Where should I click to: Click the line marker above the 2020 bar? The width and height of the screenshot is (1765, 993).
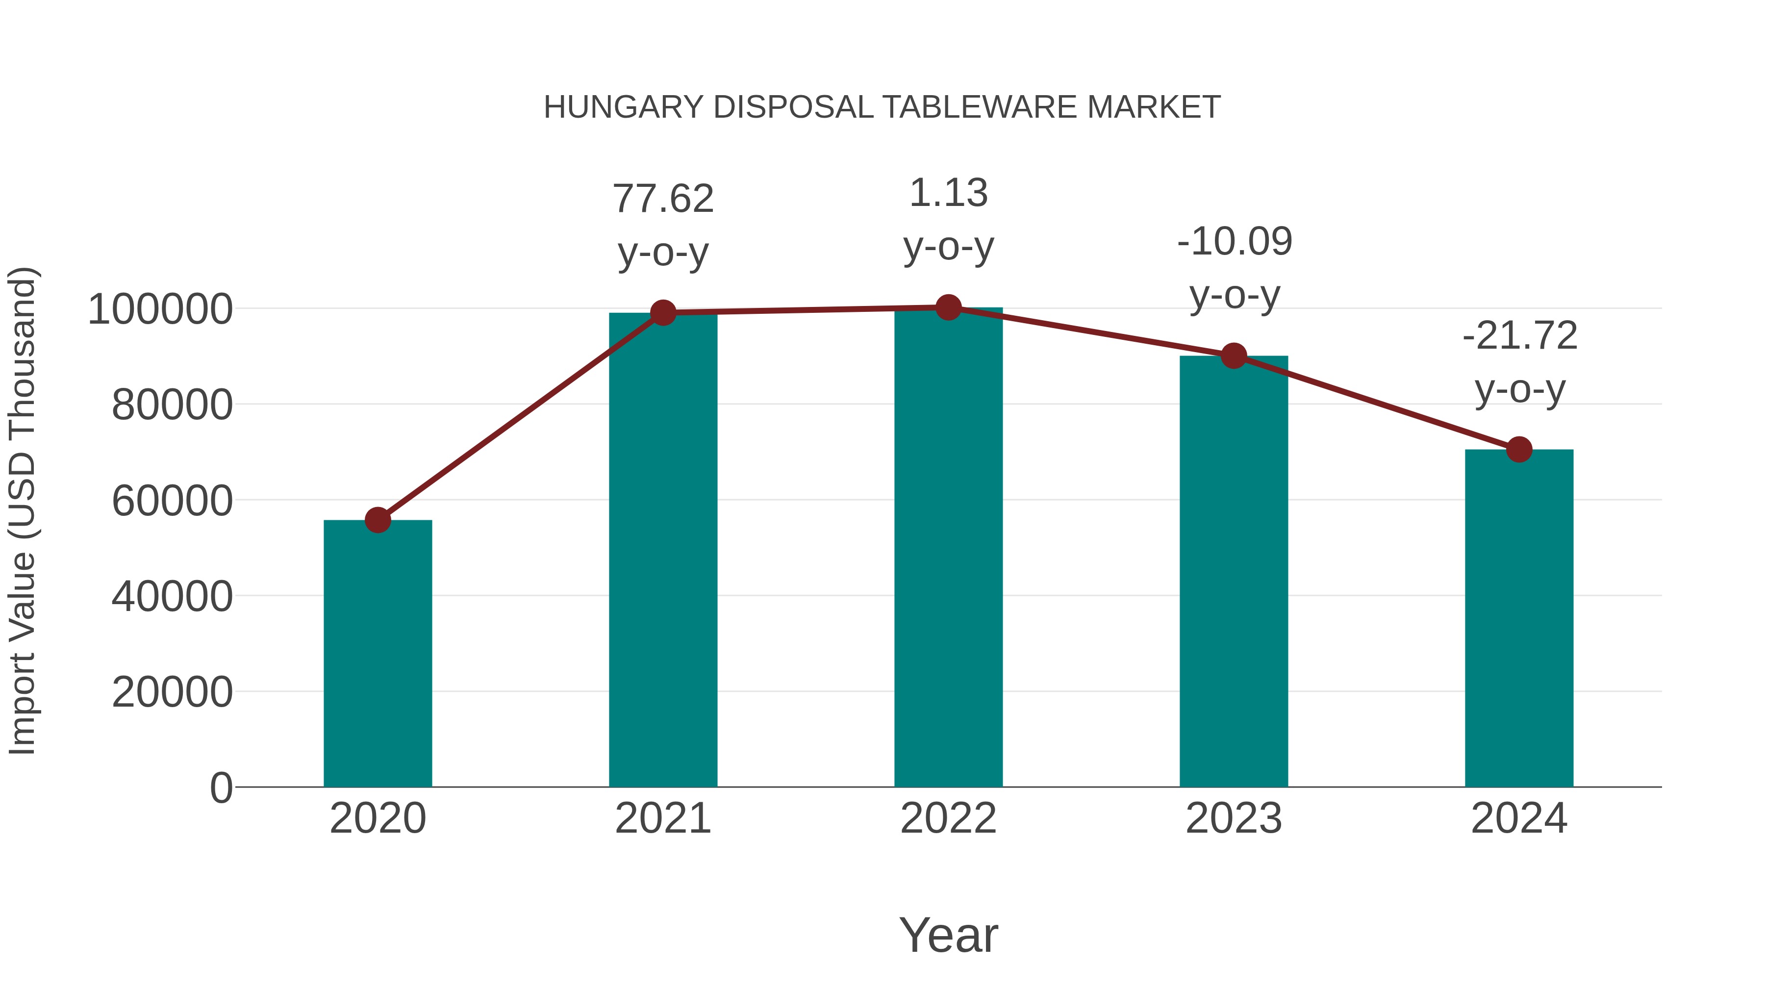point(378,520)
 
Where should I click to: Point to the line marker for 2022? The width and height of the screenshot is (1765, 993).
point(948,307)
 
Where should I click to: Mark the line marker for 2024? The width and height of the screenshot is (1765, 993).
point(1519,450)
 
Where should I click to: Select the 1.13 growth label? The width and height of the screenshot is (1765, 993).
point(948,193)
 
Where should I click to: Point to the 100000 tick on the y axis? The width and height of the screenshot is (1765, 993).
point(160,310)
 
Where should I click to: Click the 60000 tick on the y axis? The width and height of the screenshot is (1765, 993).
point(172,501)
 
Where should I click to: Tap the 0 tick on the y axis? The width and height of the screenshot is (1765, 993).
point(221,788)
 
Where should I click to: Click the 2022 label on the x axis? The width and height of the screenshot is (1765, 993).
point(948,819)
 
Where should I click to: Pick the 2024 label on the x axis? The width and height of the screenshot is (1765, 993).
point(1519,819)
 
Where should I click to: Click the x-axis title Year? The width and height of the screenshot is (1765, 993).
point(948,936)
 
